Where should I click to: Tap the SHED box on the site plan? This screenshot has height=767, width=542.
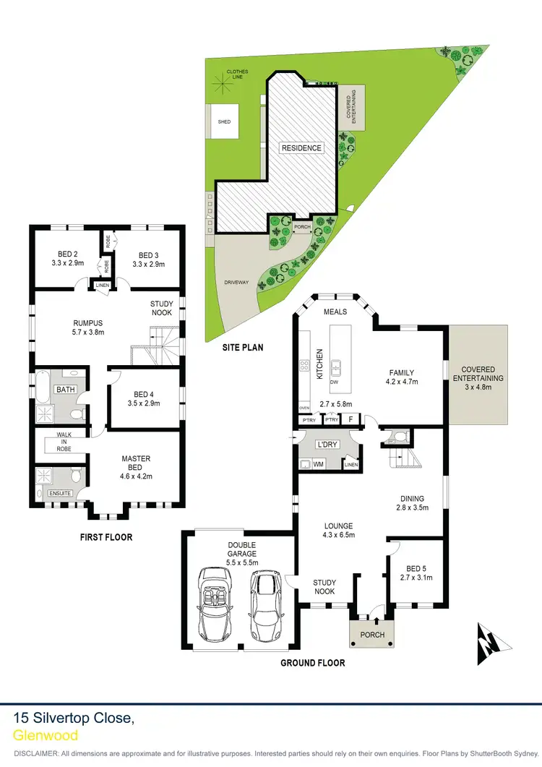[x=224, y=121]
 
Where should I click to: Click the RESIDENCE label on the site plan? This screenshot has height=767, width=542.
[x=301, y=148]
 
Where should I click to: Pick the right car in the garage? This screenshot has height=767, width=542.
[x=265, y=605]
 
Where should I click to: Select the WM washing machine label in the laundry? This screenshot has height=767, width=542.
[x=319, y=464]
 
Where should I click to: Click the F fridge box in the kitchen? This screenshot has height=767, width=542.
[x=351, y=419]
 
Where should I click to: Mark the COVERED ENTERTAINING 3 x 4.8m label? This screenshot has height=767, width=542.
[x=478, y=377]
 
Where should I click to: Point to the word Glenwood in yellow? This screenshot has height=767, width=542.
[x=46, y=735]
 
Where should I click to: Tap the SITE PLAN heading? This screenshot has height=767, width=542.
[x=242, y=347]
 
